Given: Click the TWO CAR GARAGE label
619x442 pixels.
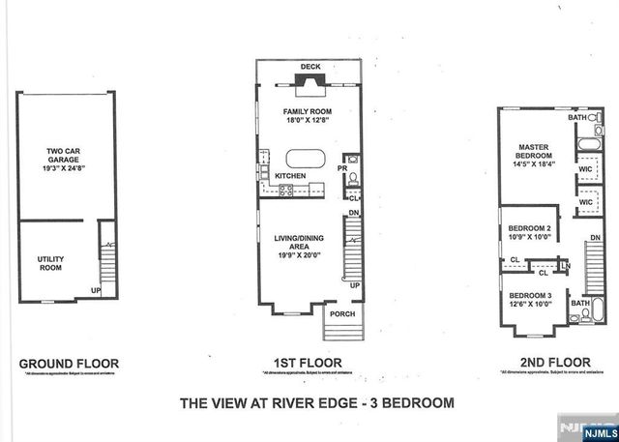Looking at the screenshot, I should tap(63, 157).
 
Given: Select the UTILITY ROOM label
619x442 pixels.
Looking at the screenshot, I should tap(50, 263).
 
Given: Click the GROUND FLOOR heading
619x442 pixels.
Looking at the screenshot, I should tap(62, 365).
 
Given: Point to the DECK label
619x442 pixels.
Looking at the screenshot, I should tap(309, 67).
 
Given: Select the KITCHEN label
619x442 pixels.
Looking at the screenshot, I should tap(290, 175).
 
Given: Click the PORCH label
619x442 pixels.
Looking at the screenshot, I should tap(342, 313).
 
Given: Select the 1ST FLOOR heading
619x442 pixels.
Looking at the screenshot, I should tap(309, 365).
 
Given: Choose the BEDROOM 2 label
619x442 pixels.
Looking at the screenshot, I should tap(528, 228).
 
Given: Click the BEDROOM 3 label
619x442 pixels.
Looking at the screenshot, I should tap(528, 294).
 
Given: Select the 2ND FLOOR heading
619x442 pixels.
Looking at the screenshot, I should tap(546, 365).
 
